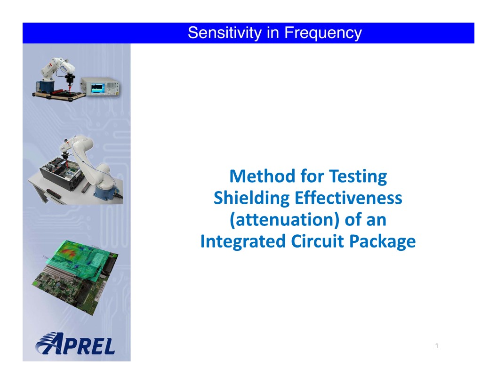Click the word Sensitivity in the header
[224, 33]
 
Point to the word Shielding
[252, 198]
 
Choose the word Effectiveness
[348, 198]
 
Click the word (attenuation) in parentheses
[285, 220]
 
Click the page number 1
[437, 346]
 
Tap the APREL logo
[75, 344]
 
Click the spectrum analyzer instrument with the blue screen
[100, 86]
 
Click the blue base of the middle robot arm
[106, 192]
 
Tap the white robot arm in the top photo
[59, 69]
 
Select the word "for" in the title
[313, 176]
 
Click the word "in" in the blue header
[273, 33]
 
